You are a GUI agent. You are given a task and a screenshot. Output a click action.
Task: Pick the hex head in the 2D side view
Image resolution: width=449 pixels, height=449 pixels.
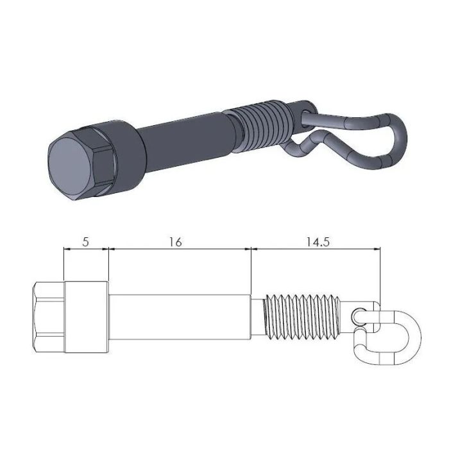tap(48, 317)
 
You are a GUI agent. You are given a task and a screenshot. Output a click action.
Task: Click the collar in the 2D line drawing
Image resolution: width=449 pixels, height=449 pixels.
tap(86, 317)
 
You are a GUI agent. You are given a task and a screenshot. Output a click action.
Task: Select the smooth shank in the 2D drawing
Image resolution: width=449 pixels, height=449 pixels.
tap(178, 317)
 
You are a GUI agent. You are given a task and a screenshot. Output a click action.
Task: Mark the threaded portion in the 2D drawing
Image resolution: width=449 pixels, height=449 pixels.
tap(301, 317)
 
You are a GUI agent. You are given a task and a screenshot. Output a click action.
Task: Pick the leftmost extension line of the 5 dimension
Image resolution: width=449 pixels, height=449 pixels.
tap(64, 266)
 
